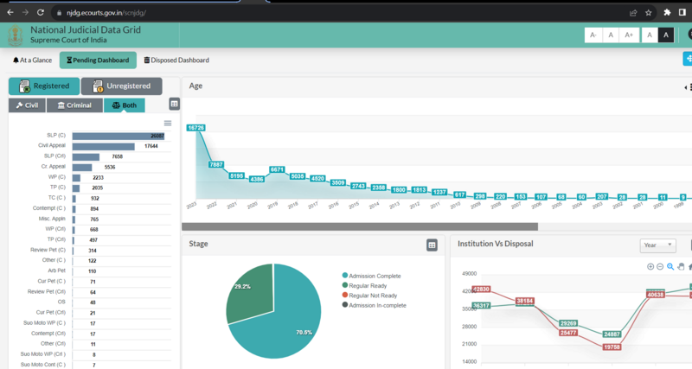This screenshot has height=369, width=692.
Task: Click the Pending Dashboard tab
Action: click(98, 60)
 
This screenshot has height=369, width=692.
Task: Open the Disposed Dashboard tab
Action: click(176, 60)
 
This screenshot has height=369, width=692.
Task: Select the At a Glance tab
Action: click(32, 60)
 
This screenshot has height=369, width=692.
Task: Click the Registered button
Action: click(43, 86)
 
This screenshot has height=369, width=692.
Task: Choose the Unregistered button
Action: click(121, 86)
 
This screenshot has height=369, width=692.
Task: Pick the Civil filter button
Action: click(27, 105)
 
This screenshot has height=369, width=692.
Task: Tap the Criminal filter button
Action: click(74, 105)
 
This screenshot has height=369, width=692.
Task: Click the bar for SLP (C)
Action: click(118, 136)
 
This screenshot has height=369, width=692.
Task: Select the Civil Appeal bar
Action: click(103, 146)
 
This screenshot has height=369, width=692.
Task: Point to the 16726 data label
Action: click(196, 128)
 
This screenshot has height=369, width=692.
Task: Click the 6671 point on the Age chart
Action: click(277, 170)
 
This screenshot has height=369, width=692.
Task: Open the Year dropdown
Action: click(657, 245)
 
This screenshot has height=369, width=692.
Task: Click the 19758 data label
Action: click(612, 347)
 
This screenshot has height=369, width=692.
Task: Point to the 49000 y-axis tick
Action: click(468, 273)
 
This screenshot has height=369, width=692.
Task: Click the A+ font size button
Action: click(629, 35)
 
